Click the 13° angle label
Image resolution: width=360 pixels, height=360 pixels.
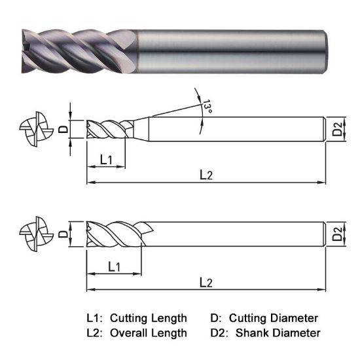(x=207, y=106)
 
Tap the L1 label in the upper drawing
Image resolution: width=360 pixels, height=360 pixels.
(x=107, y=159)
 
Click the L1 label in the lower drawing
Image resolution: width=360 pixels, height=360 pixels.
(x=113, y=266)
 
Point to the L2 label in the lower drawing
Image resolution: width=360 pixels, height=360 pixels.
(x=206, y=282)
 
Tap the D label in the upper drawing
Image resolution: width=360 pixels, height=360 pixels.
(x=63, y=129)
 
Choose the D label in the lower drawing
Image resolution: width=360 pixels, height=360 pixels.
(x=63, y=234)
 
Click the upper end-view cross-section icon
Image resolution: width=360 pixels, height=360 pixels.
(x=33, y=129)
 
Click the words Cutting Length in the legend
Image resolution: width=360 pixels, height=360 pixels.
(x=149, y=318)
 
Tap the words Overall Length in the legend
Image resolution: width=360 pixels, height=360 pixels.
(x=148, y=333)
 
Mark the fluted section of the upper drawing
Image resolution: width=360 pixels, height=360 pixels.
(x=106, y=128)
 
